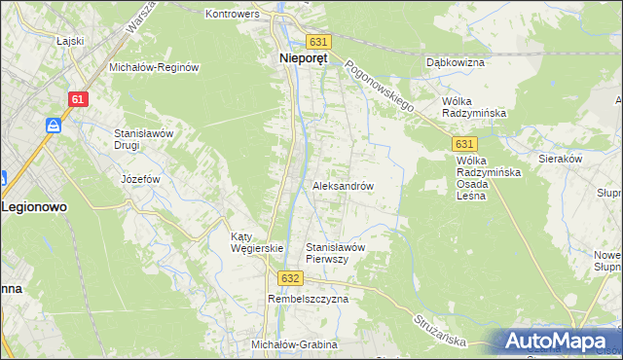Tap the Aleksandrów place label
pos(343,185)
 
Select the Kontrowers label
pos(230,15)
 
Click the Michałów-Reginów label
pos(154,68)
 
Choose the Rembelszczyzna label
pos(308,300)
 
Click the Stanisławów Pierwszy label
pos(335,253)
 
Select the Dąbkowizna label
pos(456,62)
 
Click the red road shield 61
pos(80,99)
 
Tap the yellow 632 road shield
pos(288,277)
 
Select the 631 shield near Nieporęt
pos(319,42)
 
